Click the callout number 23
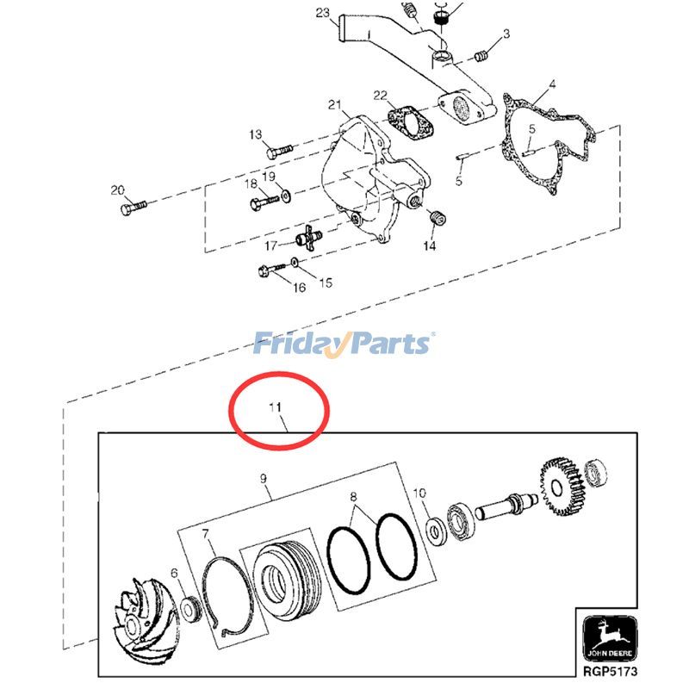click(322, 12)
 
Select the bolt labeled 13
click(278, 152)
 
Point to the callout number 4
click(552, 84)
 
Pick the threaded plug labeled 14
click(438, 217)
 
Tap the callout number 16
click(299, 288)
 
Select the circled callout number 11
click(275, 407)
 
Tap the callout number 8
click(353, 497)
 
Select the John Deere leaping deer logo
click(610, 636)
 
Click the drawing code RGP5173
click(610, 671)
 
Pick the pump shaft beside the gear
click(506, 506)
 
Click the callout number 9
click(264, 478)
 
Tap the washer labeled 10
click(438, 531)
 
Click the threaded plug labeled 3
click(481, 56)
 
